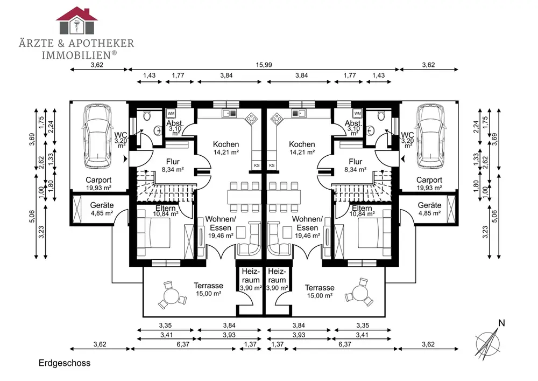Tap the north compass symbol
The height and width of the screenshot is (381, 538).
click(487, 342)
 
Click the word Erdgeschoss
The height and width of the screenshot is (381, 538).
click(65, 363)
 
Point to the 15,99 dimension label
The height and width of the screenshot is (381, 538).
click(264, 65)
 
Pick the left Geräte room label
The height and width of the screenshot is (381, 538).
click(102, 209)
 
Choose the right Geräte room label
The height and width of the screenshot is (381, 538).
click(429, 209)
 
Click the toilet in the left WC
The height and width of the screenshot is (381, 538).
click(147, 116)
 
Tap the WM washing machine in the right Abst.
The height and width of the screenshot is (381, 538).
click(358, 113)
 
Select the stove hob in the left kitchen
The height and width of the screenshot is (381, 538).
click(251, 119)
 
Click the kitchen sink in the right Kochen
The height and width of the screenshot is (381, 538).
click(299, 113)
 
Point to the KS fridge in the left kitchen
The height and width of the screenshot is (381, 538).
click(257, 165)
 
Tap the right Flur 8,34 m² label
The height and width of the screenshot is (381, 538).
click(356, 165)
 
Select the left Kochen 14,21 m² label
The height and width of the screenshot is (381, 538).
click(226, 148)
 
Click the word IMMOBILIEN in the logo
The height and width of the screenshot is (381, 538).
click(75, 55)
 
